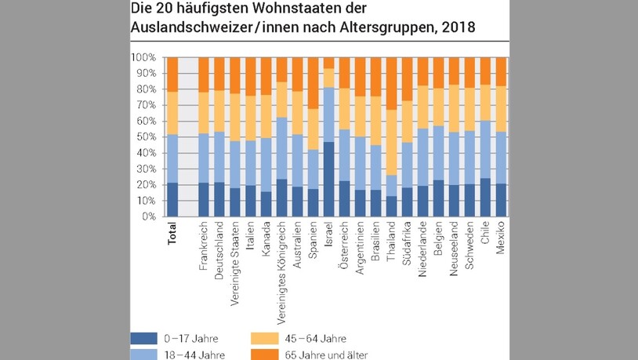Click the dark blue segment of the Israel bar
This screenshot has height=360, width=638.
point(329,179)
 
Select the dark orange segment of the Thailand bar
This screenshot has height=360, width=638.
point(392,83)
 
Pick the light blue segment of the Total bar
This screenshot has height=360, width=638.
point(172,158)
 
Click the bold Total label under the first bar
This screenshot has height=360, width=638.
point(172,236)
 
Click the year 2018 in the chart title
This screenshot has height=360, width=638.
point(459,29)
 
